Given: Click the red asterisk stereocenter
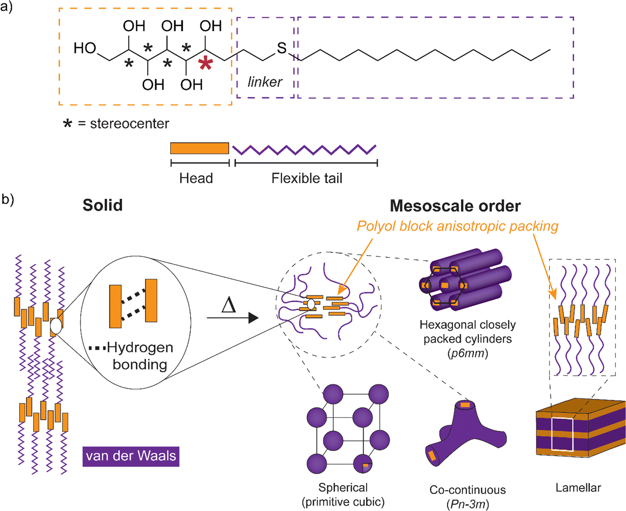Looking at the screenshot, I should (205, 64).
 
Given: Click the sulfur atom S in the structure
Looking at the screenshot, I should (282, 48).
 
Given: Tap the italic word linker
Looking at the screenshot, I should (265, 82).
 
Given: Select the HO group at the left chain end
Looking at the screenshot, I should (85, 48).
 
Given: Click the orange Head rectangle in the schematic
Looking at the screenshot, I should (199, 148).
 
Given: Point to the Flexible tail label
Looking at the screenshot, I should (307, 178).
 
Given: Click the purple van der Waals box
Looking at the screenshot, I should (131, 455).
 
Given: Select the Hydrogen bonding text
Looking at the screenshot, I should (139, 356).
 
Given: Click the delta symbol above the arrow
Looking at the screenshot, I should (229, 305).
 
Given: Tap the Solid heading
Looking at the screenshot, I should (102, 205).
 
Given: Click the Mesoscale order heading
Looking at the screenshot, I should (455, 206).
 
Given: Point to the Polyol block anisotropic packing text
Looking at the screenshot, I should (457, 226).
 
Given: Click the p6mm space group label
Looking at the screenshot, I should (467, 354).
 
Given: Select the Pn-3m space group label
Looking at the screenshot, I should (467, 504).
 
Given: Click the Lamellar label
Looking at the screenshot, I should (578, 488).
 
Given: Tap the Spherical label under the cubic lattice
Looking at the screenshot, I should (343, 488).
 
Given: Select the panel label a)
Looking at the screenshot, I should (7, 7).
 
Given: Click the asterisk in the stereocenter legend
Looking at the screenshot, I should (67, 124).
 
